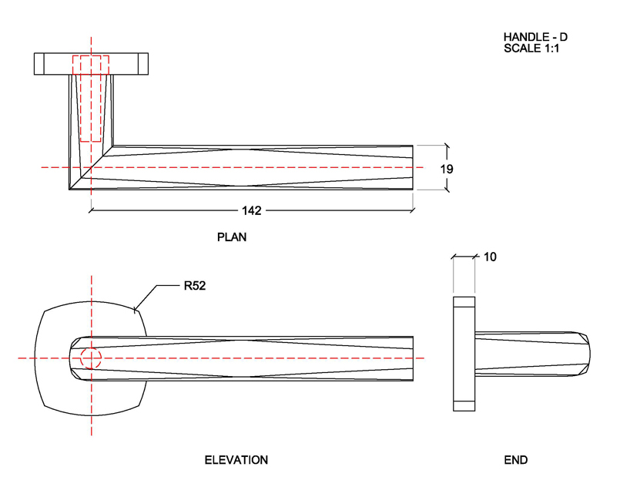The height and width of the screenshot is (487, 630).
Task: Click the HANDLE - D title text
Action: [x=535, y=37]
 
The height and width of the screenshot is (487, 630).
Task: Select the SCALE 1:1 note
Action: [x=531, y=49]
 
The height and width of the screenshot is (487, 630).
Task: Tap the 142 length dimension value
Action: [x=251, y=210]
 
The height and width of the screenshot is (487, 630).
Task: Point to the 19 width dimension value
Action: [x=447, y=169]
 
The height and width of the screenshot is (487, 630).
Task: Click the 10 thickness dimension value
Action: [x=490, y=257]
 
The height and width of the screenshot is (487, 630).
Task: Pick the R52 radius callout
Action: [x=194, y=286]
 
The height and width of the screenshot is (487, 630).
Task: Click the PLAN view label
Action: [x=232, y=237]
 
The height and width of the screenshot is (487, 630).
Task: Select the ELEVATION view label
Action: [x=236, y=460]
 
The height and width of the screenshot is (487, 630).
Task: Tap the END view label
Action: [x=516, y=460]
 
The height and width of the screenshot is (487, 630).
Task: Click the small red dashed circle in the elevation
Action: [x=91, y=358]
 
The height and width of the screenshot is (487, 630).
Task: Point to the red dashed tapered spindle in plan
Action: [x=91, y=100]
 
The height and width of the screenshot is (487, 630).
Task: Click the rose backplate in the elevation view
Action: [x=54, y=385]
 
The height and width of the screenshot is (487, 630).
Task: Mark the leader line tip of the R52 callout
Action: [x=135, y=311]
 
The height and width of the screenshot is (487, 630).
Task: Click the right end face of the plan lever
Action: [x=413, y=167]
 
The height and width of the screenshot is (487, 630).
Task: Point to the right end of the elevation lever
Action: [x=413, y=358]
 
